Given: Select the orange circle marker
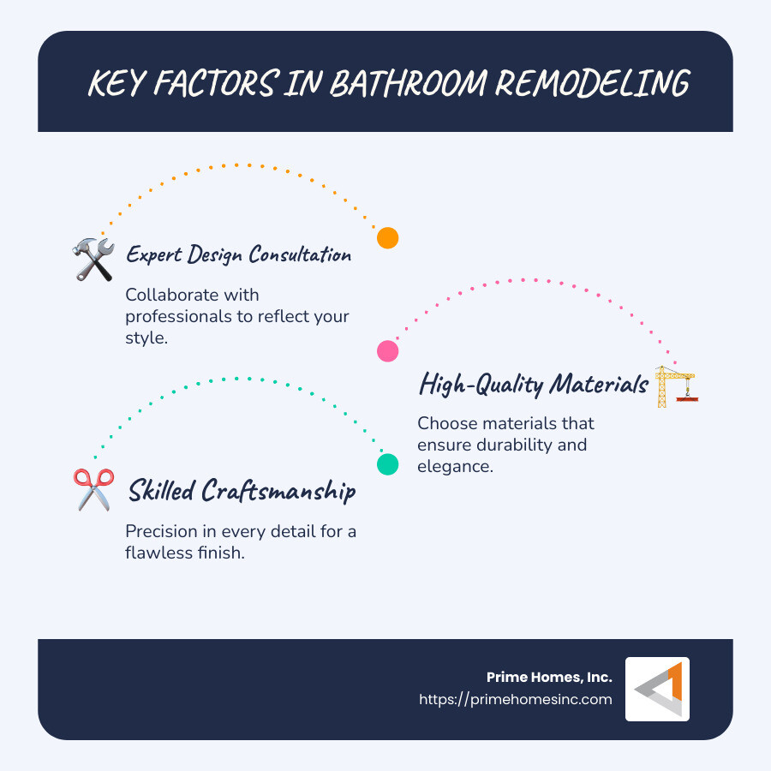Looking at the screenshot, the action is click(388, 238).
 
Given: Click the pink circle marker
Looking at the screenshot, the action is click(388, 350).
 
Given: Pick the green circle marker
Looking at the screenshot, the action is click(388, 464).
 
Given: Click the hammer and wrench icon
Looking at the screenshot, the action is click(94, 259).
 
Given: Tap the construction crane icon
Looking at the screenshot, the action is click(676, 386).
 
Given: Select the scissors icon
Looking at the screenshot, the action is click(93, 490).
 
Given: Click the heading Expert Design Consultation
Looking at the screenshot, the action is click(238, 254).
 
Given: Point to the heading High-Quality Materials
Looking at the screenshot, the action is click(533, 385).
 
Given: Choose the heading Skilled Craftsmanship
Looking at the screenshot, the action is click(242, 491).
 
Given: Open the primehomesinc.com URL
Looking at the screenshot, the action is click(516, 699).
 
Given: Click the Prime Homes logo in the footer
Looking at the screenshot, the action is click(657, 689).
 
